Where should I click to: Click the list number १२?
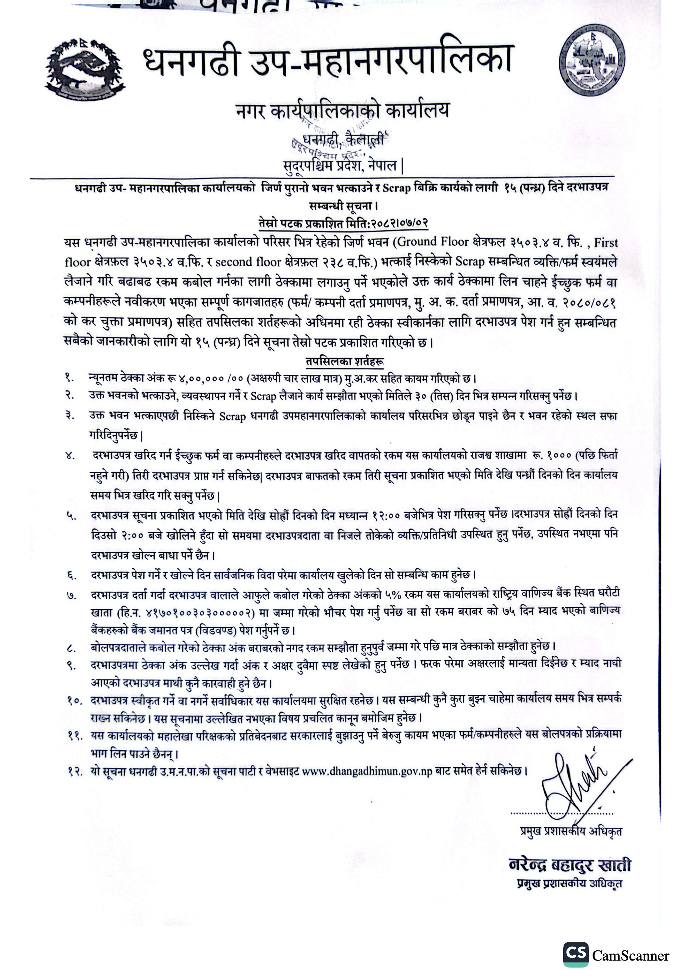75,772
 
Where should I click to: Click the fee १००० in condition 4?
560,455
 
